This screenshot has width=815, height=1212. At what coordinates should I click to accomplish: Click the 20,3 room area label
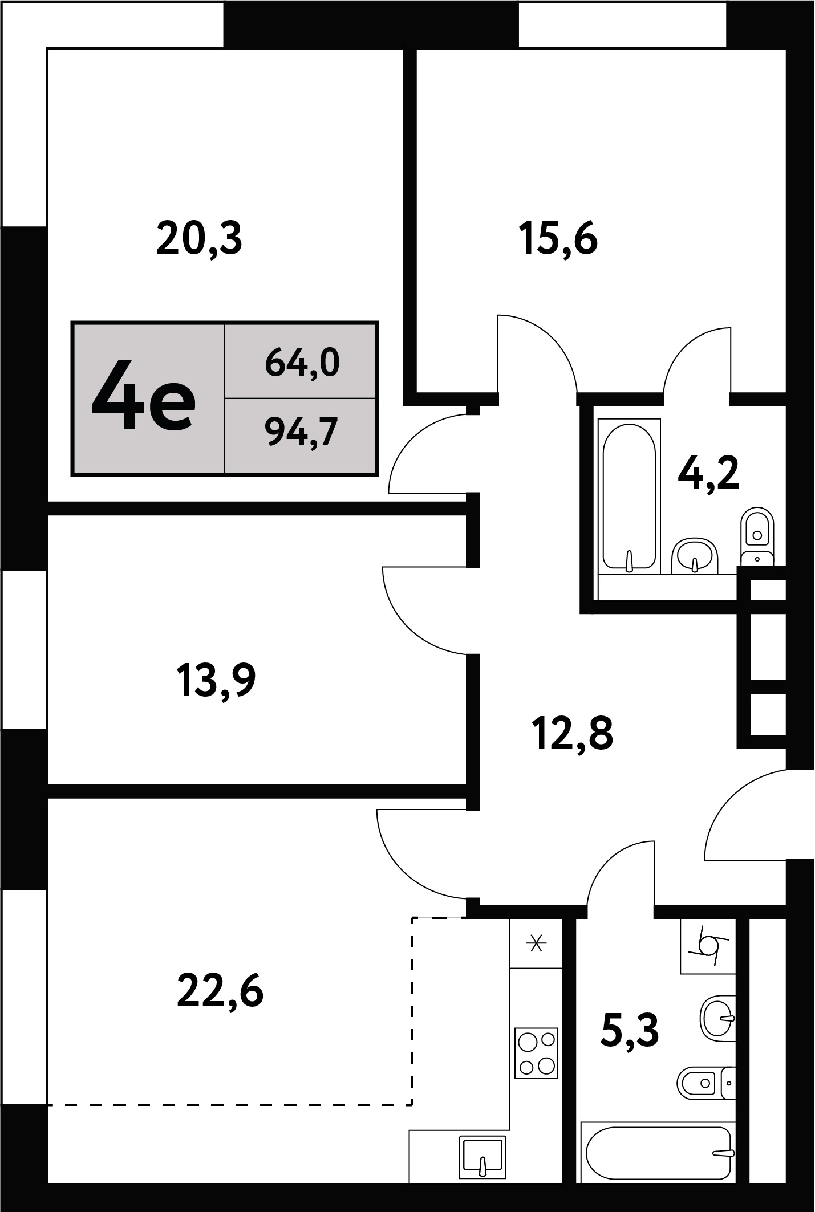tap(199, 240)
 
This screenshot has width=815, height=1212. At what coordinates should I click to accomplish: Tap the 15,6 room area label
tap(558, 240)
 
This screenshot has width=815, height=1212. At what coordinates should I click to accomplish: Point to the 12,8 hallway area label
tap(572, 734)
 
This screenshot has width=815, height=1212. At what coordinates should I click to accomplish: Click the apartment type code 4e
tap(144, 396)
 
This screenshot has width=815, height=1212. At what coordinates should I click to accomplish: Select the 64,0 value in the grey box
tap(302, 363)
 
